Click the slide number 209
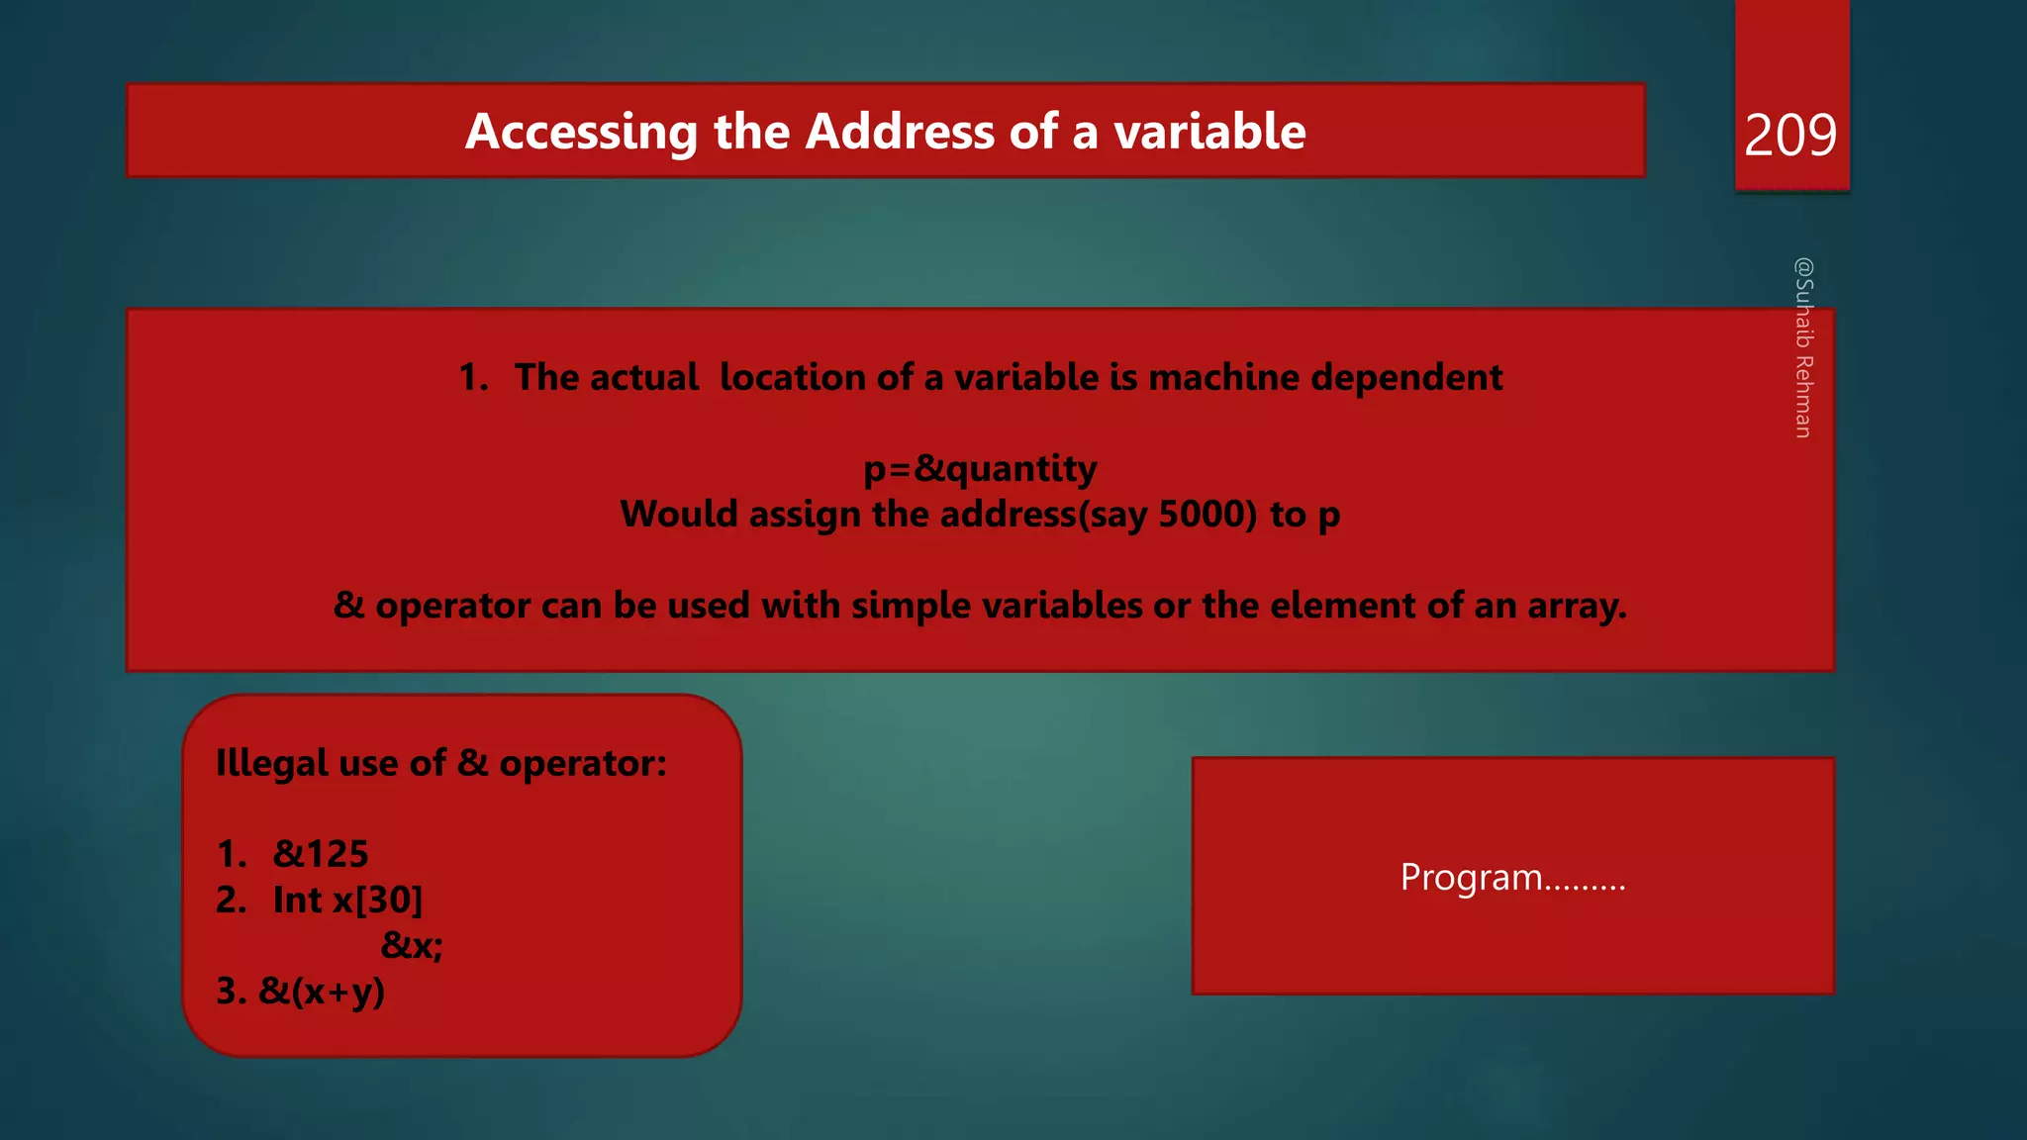(1789, 135)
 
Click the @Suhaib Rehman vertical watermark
(1803, 347)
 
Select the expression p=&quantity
(980, 468)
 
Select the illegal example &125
(321, 853)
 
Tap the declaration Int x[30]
(347, 900)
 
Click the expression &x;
(412, 945)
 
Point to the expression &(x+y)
(322, 991)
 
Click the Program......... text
(1512, 877)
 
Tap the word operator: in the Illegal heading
(583, 763)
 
